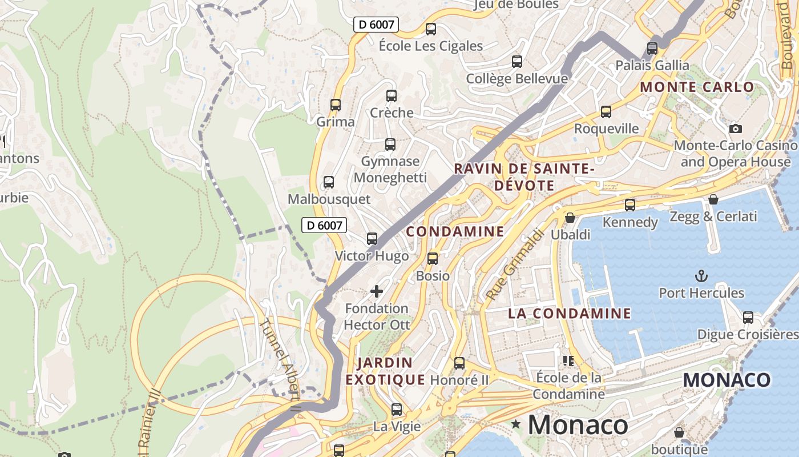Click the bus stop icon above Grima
[x=336, y=105]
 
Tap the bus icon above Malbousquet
[x=329, y=182]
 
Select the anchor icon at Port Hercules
[x=701, y=276]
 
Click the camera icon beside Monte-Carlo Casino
[x=736, y=129]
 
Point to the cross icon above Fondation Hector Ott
[x=377, y=291]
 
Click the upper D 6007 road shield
[x=376, y=25]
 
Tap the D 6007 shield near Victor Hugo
[x=324, y=225]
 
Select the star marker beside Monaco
[x=516, y=424]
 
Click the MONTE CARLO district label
[x=697, y=87]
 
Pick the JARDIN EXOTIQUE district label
[x=385, y=371]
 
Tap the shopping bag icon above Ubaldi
[x=570, y=218]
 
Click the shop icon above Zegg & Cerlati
[x=713, y=199]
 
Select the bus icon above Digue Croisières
[x=748, y=317]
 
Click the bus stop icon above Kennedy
[x=630, y=205]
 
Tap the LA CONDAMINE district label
[x=570, y=314]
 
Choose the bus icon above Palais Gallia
[x=652, y=48]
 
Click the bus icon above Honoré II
[x=459, y=363]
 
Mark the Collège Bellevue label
[x=516, y=79]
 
